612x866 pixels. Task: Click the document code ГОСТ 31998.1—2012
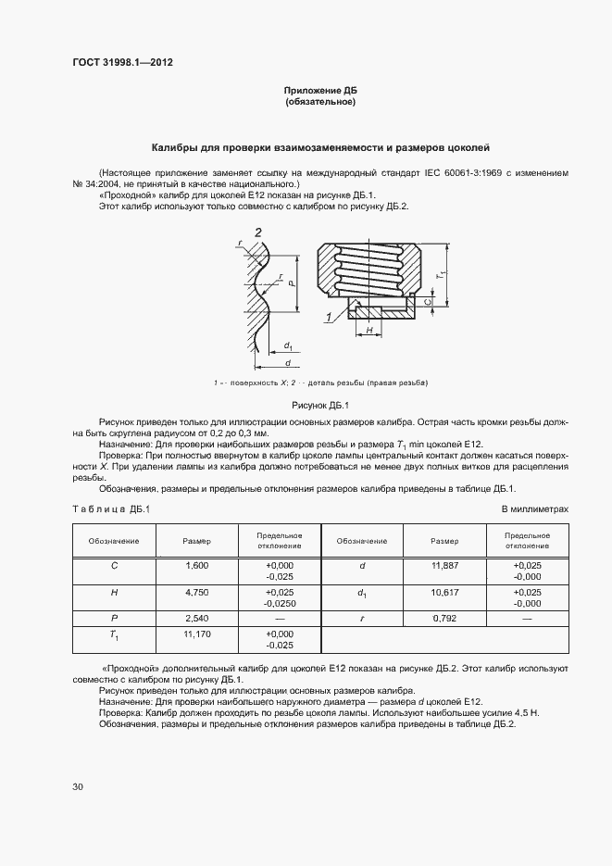(x=122, y=63)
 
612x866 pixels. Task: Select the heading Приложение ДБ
(x=320, y=90)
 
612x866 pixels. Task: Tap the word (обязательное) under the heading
(x=320, y=101)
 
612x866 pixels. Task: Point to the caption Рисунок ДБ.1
(x=319, y=405)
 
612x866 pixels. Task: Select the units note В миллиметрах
(x=534, y=509)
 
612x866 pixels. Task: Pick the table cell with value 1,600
(x=196, y=565)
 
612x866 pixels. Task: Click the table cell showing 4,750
(x=196, y=591)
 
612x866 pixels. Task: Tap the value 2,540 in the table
(x=196, y=617)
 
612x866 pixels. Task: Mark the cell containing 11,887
(x=444, y=565)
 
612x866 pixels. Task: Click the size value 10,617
(x=444, y=591)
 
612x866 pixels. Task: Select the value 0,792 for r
(x=444, y=617)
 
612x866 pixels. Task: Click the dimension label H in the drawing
(x=368, y=330)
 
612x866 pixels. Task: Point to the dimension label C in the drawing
(x=427, y=302)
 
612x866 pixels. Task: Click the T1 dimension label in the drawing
(x=443, y=274)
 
